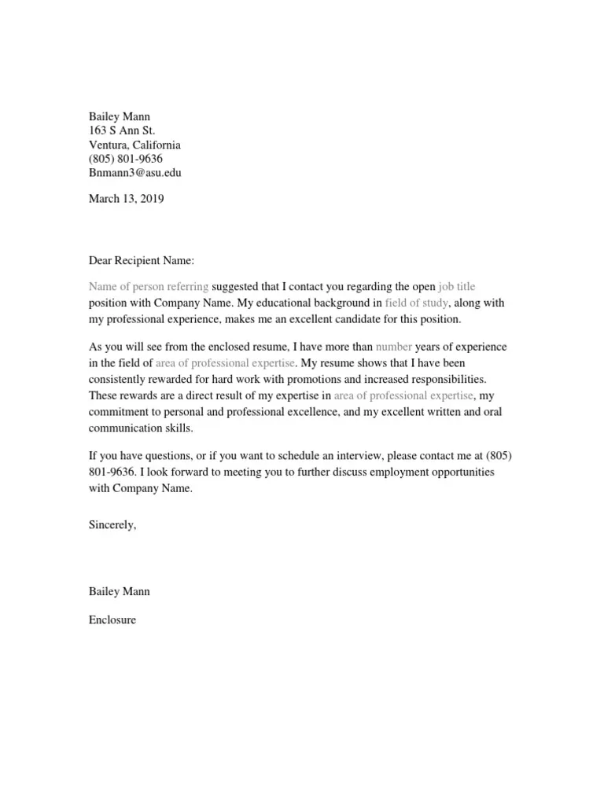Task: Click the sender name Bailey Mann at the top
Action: click(x=119, y=116)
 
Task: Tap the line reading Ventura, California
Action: click(x=134, y=145)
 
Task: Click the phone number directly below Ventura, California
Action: click(x=126, y=159)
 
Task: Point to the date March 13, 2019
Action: click(x=126, y=199)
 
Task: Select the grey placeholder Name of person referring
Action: click(x=149, y=287)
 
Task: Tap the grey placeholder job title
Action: click(x=456, y=287)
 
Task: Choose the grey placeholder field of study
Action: click(x=417, y=302)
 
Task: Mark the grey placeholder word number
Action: click(x=393, y=347)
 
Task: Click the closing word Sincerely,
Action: click(x=112, y=525)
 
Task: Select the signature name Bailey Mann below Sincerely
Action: click(x=119, y=591)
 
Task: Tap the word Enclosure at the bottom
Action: click(x=112, y=619)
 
